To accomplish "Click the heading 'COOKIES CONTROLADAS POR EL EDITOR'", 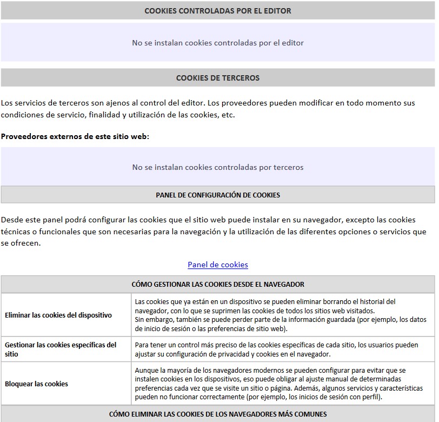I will click(218, 11).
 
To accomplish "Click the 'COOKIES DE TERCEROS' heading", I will click(218, 78).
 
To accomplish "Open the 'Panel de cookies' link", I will click(218, 265).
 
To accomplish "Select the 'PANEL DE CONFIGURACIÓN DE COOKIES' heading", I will click(218, 195).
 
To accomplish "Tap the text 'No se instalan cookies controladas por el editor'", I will click(218, 43).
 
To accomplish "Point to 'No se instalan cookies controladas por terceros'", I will click(218, 167).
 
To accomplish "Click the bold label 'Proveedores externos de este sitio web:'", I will click(75, 136).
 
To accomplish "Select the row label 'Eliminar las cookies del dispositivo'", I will click(58, 315).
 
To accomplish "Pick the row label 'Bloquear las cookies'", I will click(37, 384).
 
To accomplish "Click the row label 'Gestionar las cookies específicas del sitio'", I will click(61, 349).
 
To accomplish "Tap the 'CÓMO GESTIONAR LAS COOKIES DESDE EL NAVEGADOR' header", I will click(218, 284).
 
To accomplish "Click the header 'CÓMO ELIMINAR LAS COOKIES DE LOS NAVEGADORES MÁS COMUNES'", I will click(218, 414).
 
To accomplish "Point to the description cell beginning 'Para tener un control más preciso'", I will click(276, 349).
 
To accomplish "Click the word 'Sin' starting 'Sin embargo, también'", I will click(139, 319).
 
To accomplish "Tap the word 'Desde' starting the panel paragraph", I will click(12, 220).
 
